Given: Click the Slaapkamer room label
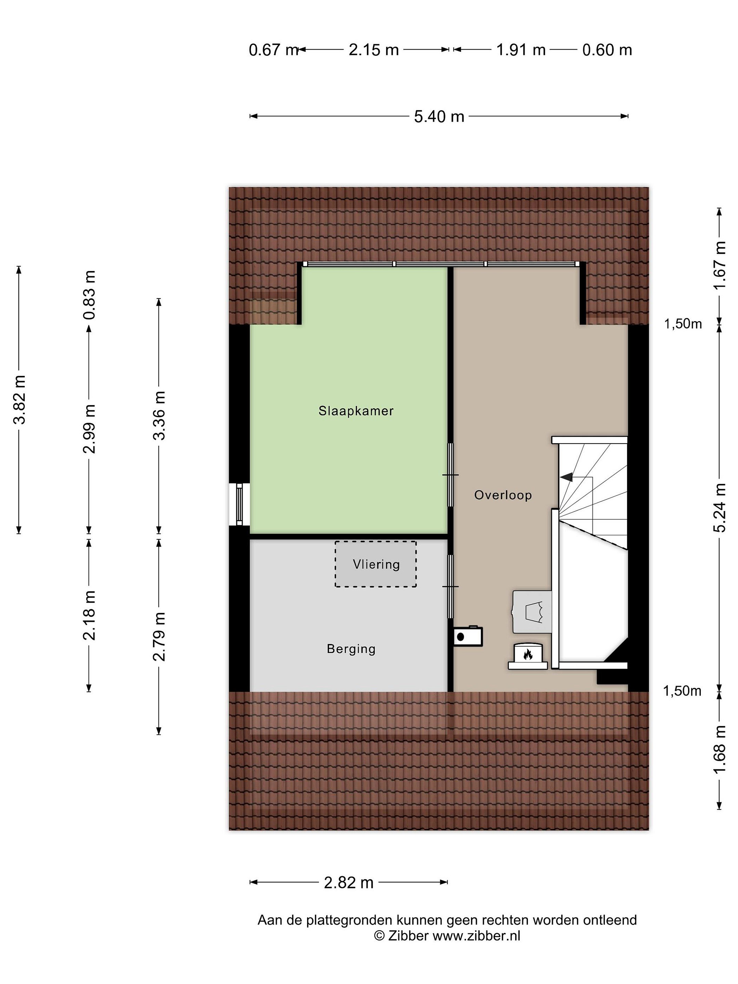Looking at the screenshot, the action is tap(356, 411).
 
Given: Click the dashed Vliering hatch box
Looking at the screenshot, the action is tap(376, 564).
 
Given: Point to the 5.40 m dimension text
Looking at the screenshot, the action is tap(439, 117).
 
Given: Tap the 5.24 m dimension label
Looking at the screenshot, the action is tap(719, 508).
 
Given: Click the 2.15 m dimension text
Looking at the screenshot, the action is tap(374, 50).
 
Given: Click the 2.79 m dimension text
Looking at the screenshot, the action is tap(159, 636).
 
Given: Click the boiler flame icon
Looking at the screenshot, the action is tap(528, 654).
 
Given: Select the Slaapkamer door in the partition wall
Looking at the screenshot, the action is tap(450, 475).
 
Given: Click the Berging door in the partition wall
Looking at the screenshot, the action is tap(450, 586).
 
